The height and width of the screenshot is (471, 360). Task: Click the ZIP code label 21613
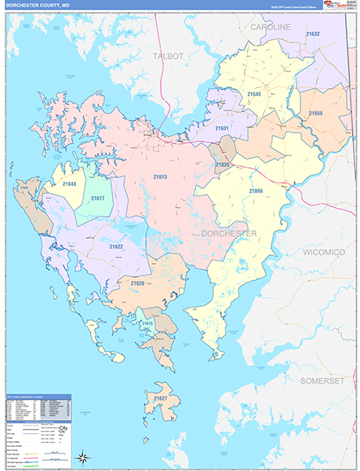[160, 177]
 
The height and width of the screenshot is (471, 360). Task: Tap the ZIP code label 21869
[256, 192]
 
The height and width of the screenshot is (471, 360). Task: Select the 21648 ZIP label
[71, 184]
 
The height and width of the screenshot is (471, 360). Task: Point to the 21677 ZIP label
[97, 198]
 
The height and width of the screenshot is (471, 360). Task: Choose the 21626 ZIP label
[138, 283]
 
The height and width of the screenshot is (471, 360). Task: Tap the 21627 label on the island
[161, 399]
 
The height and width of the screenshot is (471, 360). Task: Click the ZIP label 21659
[315, 114]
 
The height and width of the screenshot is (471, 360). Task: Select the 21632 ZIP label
[313, 35]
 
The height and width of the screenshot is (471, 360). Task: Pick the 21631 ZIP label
[222, 128]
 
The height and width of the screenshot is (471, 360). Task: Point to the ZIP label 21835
[223, 165]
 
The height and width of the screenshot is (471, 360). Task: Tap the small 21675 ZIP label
[147, 323]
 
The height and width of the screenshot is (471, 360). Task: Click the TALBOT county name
[168, 57]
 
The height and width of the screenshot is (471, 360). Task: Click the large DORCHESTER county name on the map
[229, 234]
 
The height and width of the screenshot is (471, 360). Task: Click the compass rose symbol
[83, 457]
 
